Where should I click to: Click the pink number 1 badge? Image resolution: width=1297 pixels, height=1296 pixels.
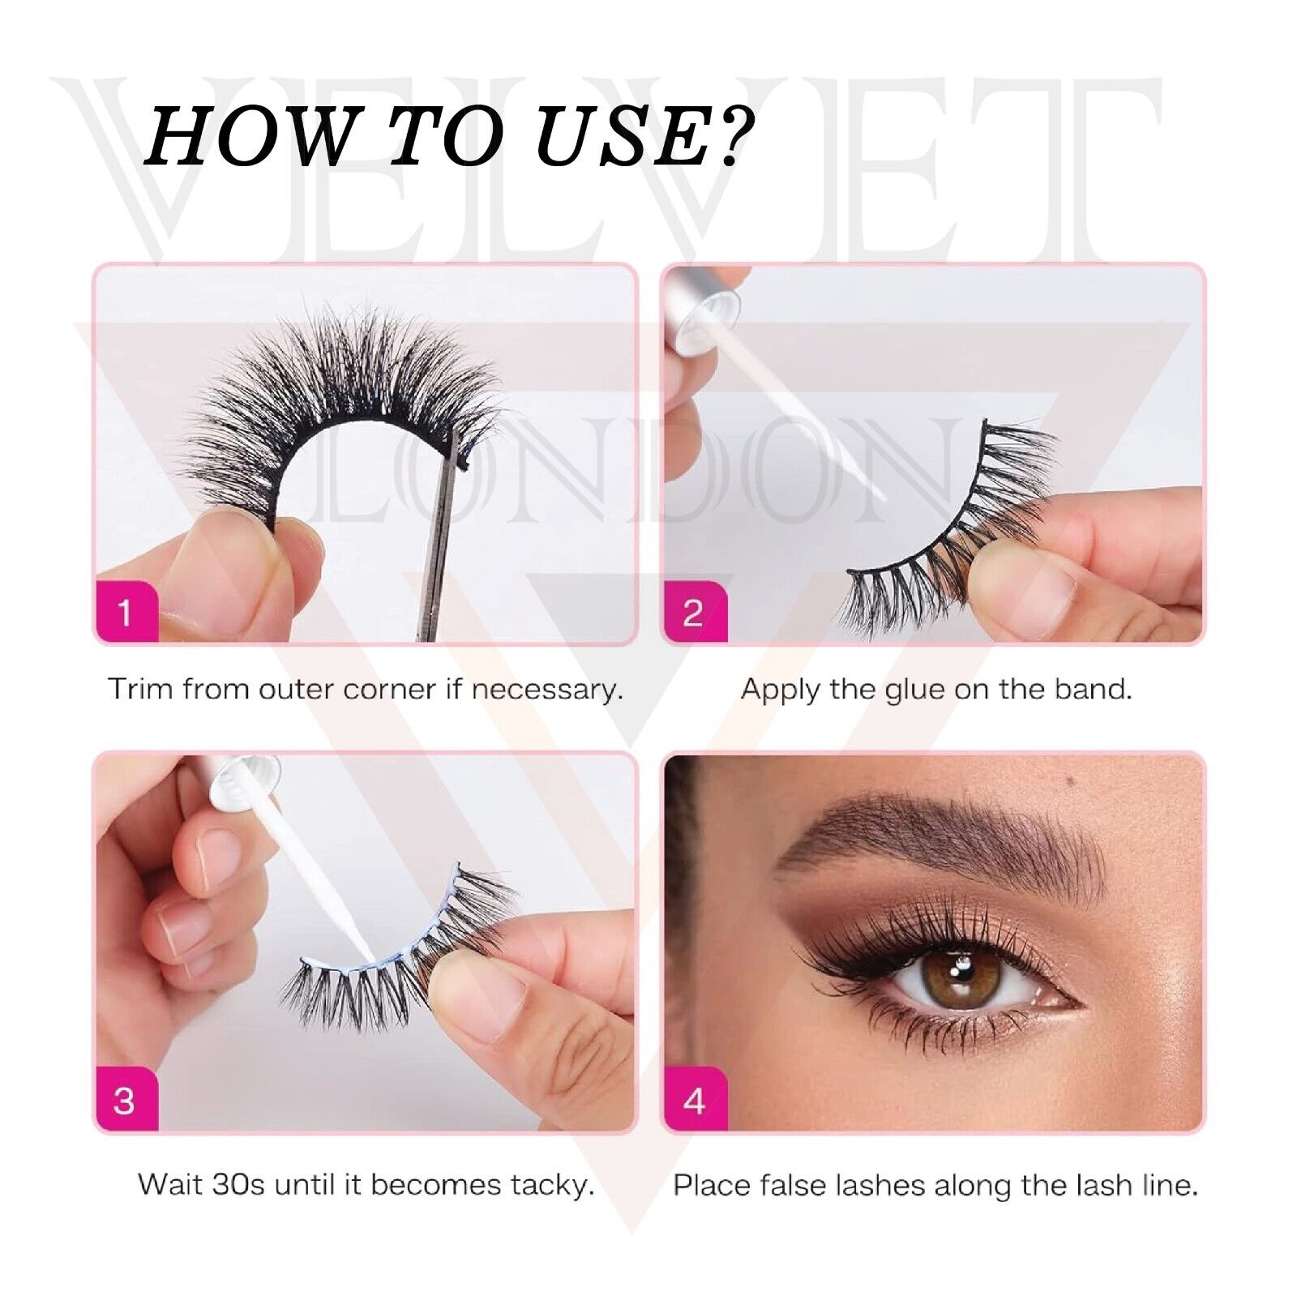click(125, 611)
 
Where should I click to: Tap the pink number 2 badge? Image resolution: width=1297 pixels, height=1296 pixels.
click(694, 611)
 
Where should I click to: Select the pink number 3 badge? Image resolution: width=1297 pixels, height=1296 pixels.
click(125, 1100)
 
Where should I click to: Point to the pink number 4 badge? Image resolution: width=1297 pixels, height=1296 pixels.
click(694, 1100)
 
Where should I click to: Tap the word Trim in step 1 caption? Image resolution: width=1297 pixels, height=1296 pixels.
click(140, 690)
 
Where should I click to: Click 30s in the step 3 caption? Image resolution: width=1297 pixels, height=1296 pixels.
click(237, 1185)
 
